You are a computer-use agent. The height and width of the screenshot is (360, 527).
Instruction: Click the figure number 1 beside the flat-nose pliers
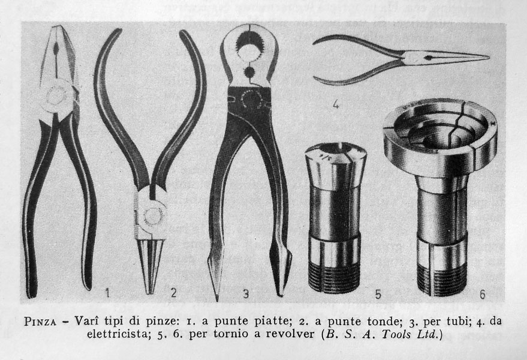tap(107, 293)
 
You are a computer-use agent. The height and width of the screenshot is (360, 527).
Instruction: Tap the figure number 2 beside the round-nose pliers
tap(173, 293)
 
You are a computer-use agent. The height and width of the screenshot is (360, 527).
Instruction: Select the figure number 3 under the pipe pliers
tap(246, 293)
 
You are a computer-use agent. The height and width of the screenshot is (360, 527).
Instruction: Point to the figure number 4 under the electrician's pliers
tap(335, 104)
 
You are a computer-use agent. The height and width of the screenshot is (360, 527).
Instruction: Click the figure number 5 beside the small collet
tap(378, 295)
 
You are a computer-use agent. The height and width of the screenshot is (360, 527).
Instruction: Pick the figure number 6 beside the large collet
tap(482, 295)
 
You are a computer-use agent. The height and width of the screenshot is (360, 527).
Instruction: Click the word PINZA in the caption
tap(40, 322)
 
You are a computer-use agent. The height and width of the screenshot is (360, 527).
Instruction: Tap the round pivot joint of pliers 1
tap(55, 97)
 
